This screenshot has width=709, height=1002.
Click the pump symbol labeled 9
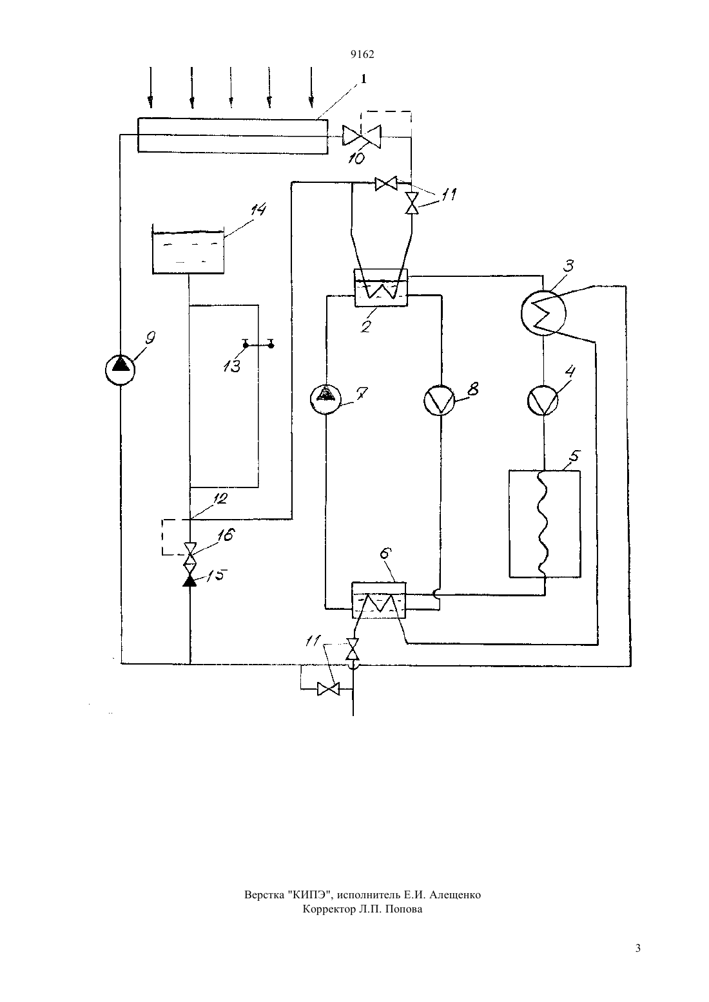pos(120,370)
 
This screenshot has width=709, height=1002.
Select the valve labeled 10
pos(362,135)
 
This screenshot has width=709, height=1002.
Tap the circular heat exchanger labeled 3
pos(543,313)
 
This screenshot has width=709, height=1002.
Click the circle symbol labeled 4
pos(543,401)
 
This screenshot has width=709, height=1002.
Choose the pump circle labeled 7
pos(326,399)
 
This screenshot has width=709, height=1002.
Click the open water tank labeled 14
pos(188,250)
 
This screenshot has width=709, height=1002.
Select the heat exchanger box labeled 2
pos(381,288)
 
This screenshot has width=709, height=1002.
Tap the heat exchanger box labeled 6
pos(379,600)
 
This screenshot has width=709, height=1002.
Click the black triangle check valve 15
pos(190,581)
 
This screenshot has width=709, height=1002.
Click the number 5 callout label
pos(574,457)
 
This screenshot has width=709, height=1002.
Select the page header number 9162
pos(362,54)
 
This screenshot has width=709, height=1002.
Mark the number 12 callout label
pos(220,498)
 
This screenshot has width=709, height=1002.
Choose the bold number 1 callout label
pos(364,79)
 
